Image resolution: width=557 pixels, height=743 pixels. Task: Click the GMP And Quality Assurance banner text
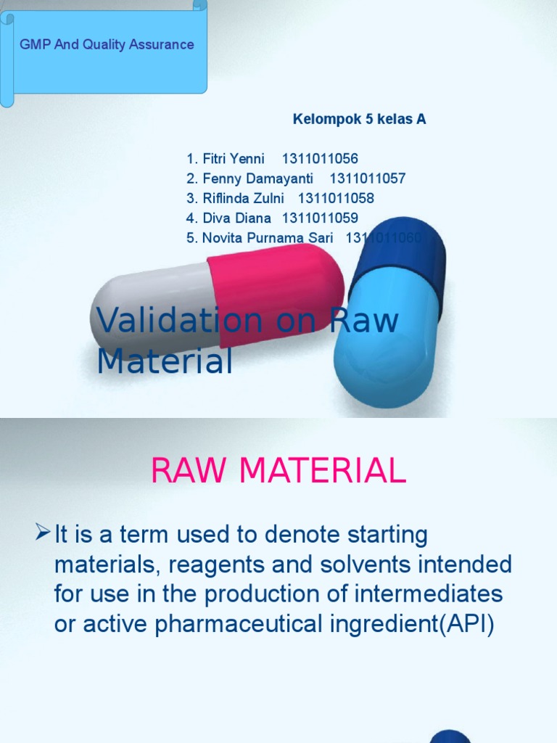coord(107,44)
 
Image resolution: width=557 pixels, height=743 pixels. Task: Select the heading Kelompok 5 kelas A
coord(359,120)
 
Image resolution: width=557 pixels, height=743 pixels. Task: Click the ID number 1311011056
coord(319,159)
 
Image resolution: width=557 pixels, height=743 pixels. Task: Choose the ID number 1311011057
coord(368,178)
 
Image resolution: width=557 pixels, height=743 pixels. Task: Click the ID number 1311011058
coord(336,198)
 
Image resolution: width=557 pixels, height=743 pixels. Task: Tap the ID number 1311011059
coord(320,218)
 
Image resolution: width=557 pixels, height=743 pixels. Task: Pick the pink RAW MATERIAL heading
coord(278,472)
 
